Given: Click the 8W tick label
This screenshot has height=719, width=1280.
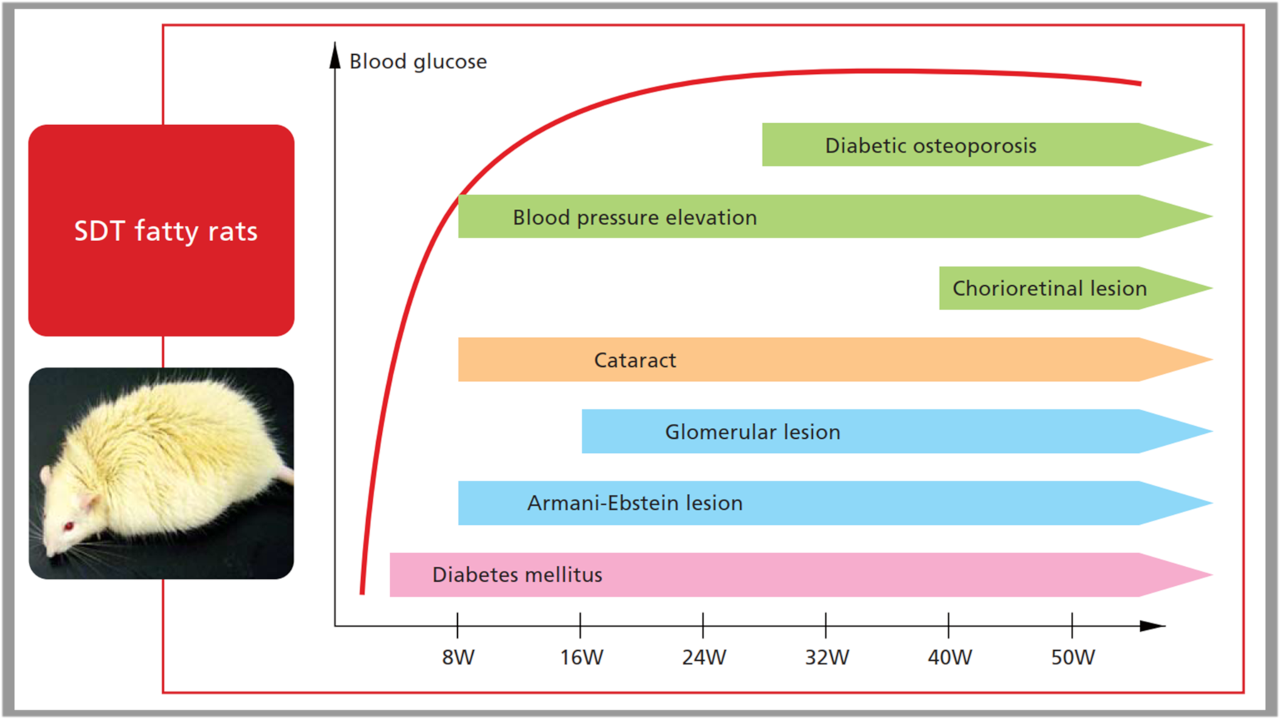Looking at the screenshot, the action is [x=458, y=657].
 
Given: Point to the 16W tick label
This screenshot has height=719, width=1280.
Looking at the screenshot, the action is [x=581, y=657].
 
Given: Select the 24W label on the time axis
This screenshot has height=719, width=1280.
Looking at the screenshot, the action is [x=704, y=657].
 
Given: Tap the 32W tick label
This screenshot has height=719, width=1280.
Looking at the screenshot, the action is [x=827, y=657].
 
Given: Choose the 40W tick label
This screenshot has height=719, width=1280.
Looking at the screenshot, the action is [x=950, y=657].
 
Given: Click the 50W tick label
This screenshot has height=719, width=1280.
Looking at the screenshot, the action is [x=1073, y=657].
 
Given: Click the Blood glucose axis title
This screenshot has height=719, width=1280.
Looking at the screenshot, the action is [x=418, y=62].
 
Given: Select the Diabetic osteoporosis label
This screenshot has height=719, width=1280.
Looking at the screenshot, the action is [x=931, y=146].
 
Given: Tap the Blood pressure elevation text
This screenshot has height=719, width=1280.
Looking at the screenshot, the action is [x=635, y=218].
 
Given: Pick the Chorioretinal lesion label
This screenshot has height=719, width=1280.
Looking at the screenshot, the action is [x=1050, y=288].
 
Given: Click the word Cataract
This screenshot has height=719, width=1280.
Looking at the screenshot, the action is [x=635, y=361].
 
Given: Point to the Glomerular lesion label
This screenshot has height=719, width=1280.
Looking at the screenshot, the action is [x=752, y=432].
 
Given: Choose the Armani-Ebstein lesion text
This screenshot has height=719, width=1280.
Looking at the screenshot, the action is [x=635, y=503].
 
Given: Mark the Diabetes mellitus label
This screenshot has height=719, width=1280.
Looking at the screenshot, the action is [x=517, y=575].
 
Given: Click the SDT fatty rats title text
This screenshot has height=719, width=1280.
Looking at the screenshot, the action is [x=166, y=232].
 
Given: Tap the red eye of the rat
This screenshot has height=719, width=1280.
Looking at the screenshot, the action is [x=69, y=526].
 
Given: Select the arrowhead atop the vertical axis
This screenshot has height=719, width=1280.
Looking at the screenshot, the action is [x=335, y=55].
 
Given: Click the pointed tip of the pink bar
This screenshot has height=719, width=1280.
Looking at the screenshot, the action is [x=1212, y=575].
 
